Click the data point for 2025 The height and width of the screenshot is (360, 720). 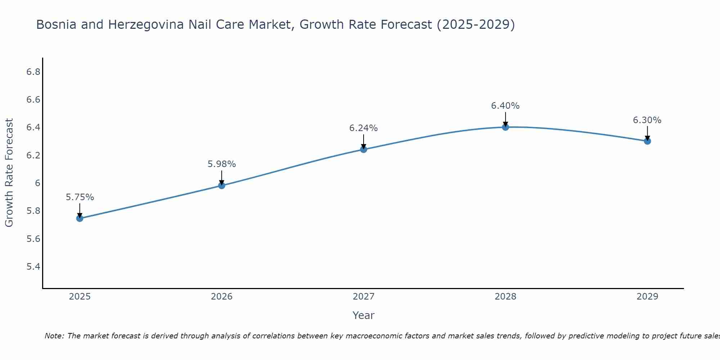click(80, 218)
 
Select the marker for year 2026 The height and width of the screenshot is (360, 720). click(222, 185)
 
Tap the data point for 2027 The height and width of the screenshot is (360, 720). click(364, 149)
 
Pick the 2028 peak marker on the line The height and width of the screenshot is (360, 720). click(505, 127)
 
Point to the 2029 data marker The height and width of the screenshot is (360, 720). click(647, 141)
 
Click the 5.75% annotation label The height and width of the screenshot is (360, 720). click(80, 197)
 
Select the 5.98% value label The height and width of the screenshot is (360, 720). click(222, 164)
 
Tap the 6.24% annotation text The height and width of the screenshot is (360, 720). click(364, 128)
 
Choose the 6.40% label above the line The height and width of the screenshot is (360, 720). click(505, 106)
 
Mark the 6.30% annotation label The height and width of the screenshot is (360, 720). click(647, 120)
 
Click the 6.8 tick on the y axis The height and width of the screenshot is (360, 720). click(33, 72)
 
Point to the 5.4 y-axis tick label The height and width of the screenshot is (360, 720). click(33, 267)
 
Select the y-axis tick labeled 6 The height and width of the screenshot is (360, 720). click(37, 183)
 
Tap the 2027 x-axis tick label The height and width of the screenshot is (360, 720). click(364, 297)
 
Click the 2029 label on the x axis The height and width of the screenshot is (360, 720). click(647, 297)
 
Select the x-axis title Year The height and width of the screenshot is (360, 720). click(364, 315)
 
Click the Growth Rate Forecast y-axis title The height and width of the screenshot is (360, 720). click(9, 173)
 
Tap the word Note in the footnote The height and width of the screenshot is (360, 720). click(54, 336)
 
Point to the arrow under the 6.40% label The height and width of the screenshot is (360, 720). click(505, 119)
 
